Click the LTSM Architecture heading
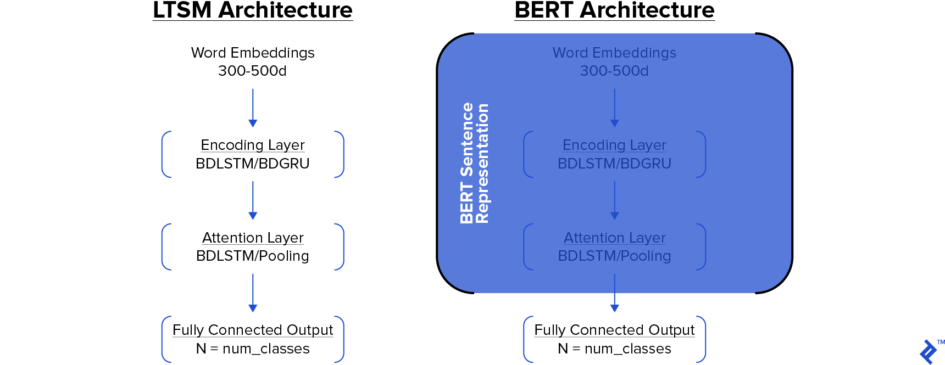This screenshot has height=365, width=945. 253,10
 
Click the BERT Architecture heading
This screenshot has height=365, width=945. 614,10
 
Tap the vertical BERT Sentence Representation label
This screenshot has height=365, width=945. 474,163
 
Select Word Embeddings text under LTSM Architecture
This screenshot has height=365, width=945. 253,53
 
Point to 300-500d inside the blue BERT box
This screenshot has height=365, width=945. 614,71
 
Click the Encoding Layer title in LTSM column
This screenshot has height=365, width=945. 253,145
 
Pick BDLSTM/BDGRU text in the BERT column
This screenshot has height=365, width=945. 614,164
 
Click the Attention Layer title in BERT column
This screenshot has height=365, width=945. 614,238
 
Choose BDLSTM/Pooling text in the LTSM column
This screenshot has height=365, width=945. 253,256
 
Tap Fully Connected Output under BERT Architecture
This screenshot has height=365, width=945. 614,330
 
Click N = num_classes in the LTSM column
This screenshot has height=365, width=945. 253,349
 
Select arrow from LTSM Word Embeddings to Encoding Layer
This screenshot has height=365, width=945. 253,108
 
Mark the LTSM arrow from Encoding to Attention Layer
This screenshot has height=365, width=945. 253,200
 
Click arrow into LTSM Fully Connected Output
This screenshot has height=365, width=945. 253,293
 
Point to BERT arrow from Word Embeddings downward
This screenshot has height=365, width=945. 614,108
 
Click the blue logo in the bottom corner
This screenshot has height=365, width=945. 928,352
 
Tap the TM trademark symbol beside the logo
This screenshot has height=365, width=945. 941,342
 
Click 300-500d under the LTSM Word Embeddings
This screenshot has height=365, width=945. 253,71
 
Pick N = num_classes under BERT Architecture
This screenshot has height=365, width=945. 614,349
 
